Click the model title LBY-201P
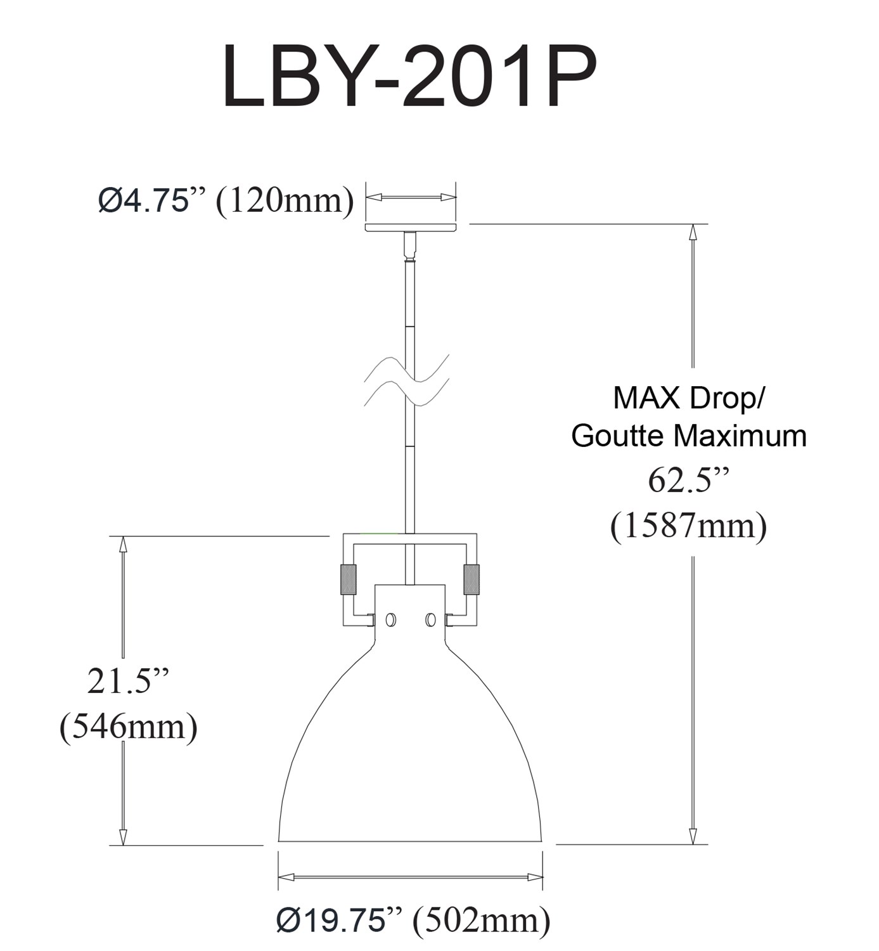[x=409, y=77]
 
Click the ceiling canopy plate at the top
[x=411, y=227]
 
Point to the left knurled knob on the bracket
[x=347, y=579]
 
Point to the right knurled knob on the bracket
[x=472, y=579]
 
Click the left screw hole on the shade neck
[x=390, y=620]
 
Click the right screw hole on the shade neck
[x=430, y=620]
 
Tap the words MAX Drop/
[x=689, y=399]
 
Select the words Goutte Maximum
[x=690, y=437]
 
